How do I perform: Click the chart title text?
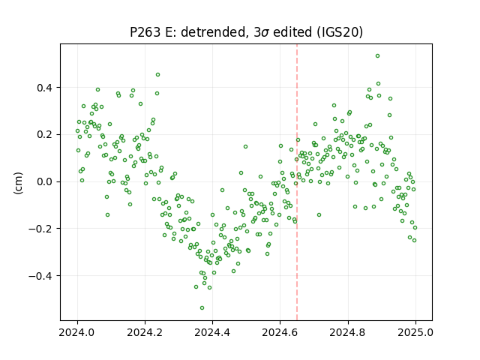247,32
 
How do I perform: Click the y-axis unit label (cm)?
18,183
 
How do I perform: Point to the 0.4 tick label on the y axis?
45,88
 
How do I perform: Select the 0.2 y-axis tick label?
45,135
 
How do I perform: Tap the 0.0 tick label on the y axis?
45,181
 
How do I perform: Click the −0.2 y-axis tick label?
40,229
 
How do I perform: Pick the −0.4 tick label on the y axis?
40,276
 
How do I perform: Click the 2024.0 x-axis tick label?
77,332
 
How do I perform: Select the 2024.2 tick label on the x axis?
145,332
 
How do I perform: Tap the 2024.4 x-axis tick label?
212,332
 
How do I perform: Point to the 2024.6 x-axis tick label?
280,332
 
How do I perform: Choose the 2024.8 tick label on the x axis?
348,332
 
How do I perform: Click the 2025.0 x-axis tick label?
415,332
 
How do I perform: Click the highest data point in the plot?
378,56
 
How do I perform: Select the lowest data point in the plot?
202,308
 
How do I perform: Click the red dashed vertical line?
297,182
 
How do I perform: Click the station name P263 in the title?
145,32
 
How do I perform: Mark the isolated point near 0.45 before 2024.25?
158,75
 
